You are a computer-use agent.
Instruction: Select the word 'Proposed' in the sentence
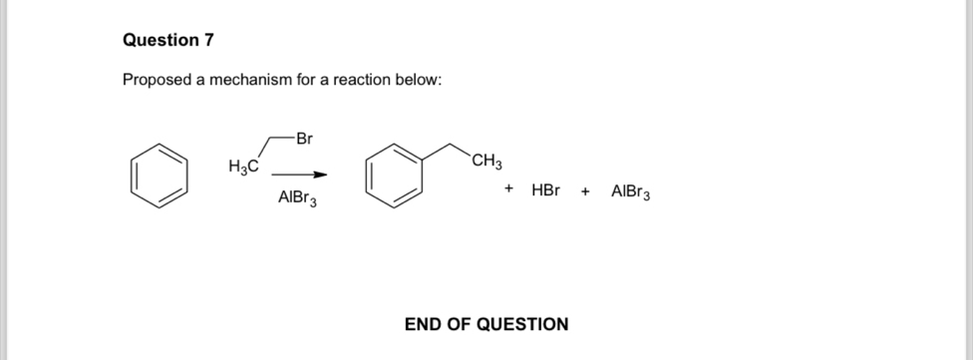pos(158,81)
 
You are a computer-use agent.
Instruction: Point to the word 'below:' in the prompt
pos(418,81)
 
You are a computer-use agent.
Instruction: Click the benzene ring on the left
pos(159,174)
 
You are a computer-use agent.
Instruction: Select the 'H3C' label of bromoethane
pos(243,167)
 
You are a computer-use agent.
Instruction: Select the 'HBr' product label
pos(546,188)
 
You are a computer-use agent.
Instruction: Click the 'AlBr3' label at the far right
pos(631,189)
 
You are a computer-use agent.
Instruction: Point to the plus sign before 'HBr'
pos(508,188)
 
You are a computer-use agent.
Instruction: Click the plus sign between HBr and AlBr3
pos(586,188)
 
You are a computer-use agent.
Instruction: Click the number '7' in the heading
pos(207,41)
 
